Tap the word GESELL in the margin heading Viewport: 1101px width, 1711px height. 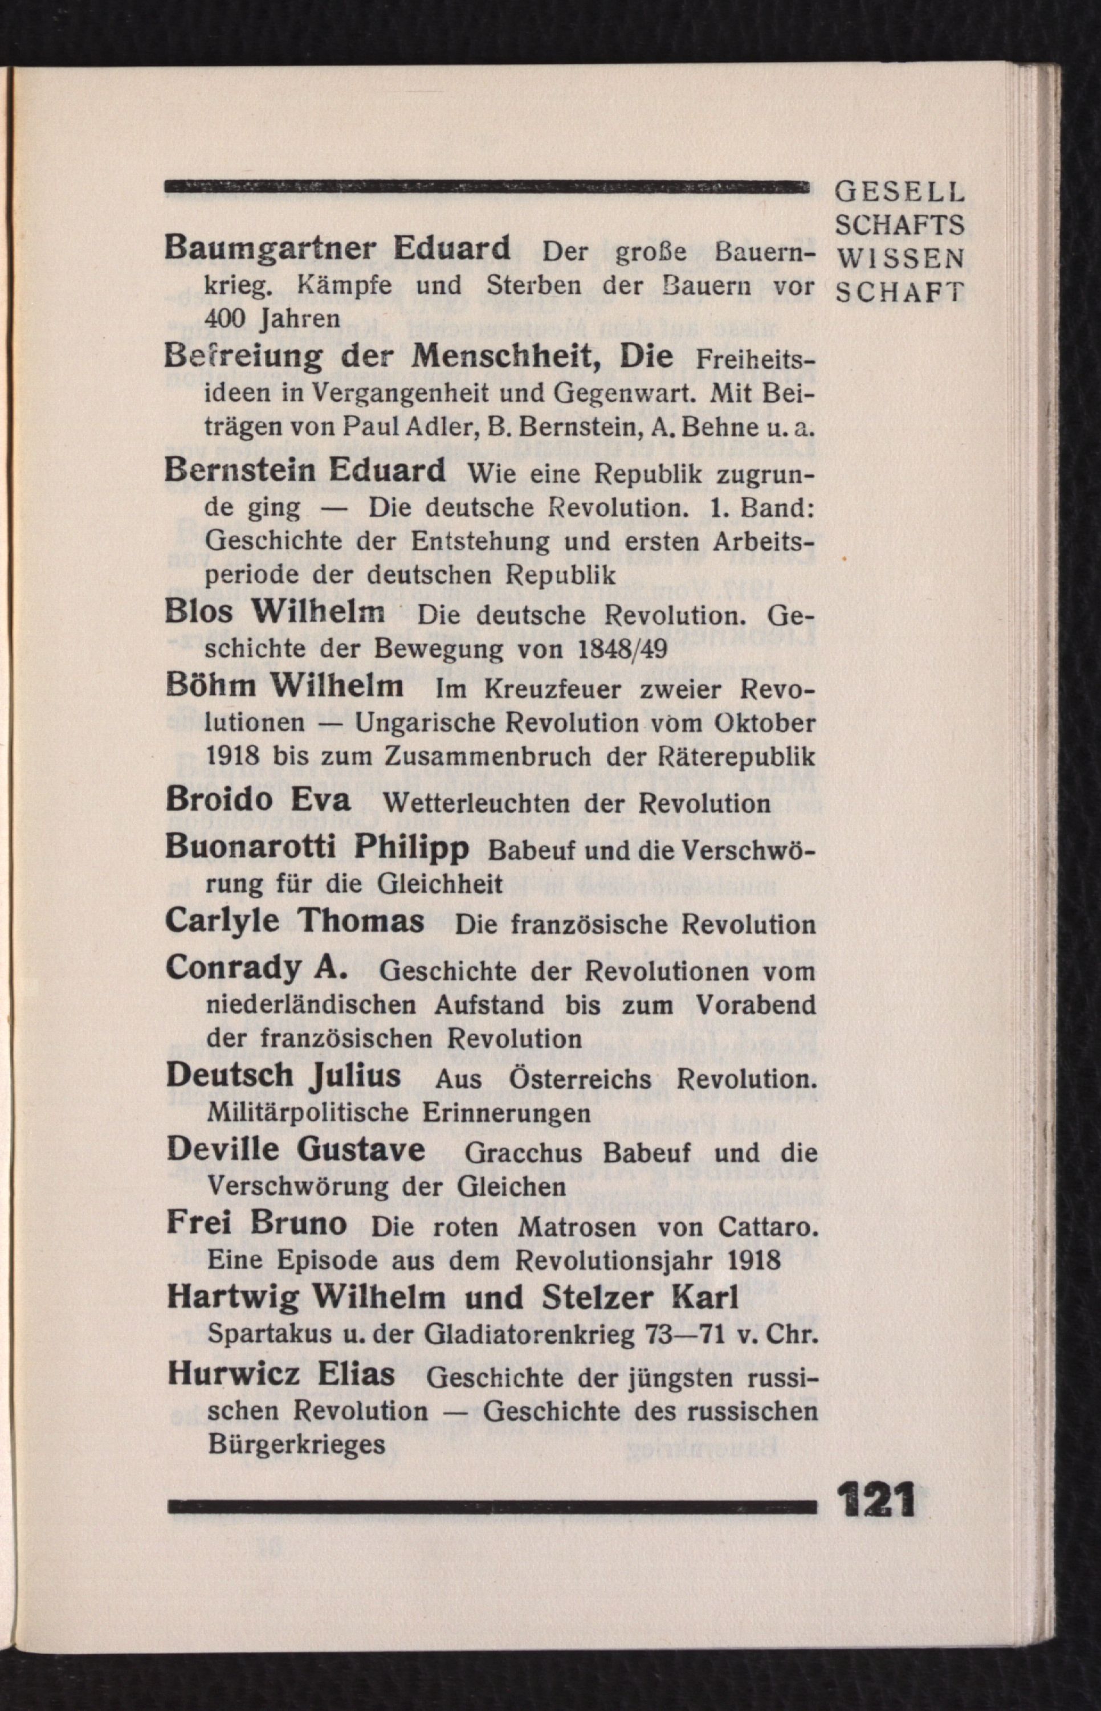899,193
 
